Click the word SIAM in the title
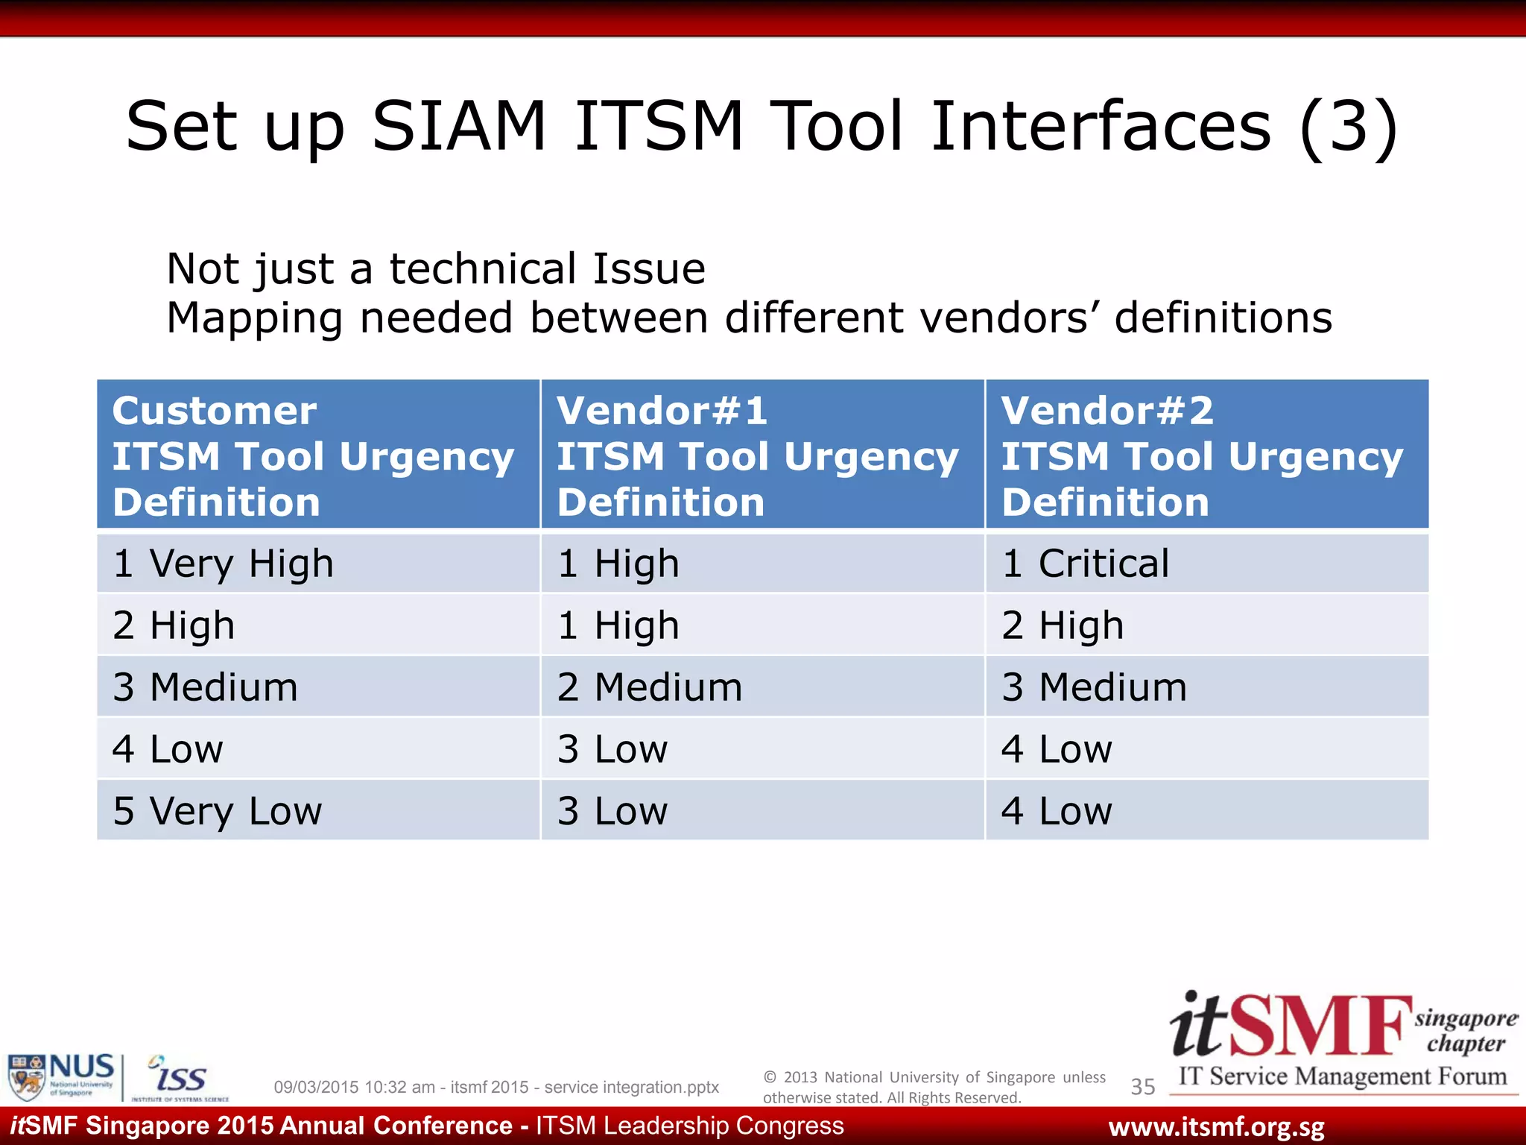pos(459,126)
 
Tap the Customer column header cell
pos(318,455)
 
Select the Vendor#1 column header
pos(762,455)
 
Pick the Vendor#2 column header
pos(1206,455)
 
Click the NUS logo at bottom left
pos(61,1076)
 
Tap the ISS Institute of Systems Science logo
pos(180,1078)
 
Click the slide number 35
pos(1142,1087)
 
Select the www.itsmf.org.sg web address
pos(1216,1127)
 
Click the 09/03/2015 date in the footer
pos(316,1087)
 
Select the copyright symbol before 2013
pos(770,1077)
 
